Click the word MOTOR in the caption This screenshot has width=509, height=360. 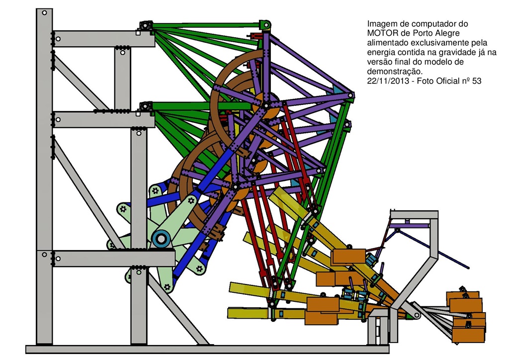coord(381,33)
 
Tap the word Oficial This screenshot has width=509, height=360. coord(440,81)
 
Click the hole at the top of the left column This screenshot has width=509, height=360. coord(44,14)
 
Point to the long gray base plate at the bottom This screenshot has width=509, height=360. coord(199,350)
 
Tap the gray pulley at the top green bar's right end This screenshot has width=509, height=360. coord(265,24)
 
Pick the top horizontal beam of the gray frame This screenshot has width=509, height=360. coord(104,39)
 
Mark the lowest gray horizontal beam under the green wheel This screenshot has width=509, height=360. coord(114,258)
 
